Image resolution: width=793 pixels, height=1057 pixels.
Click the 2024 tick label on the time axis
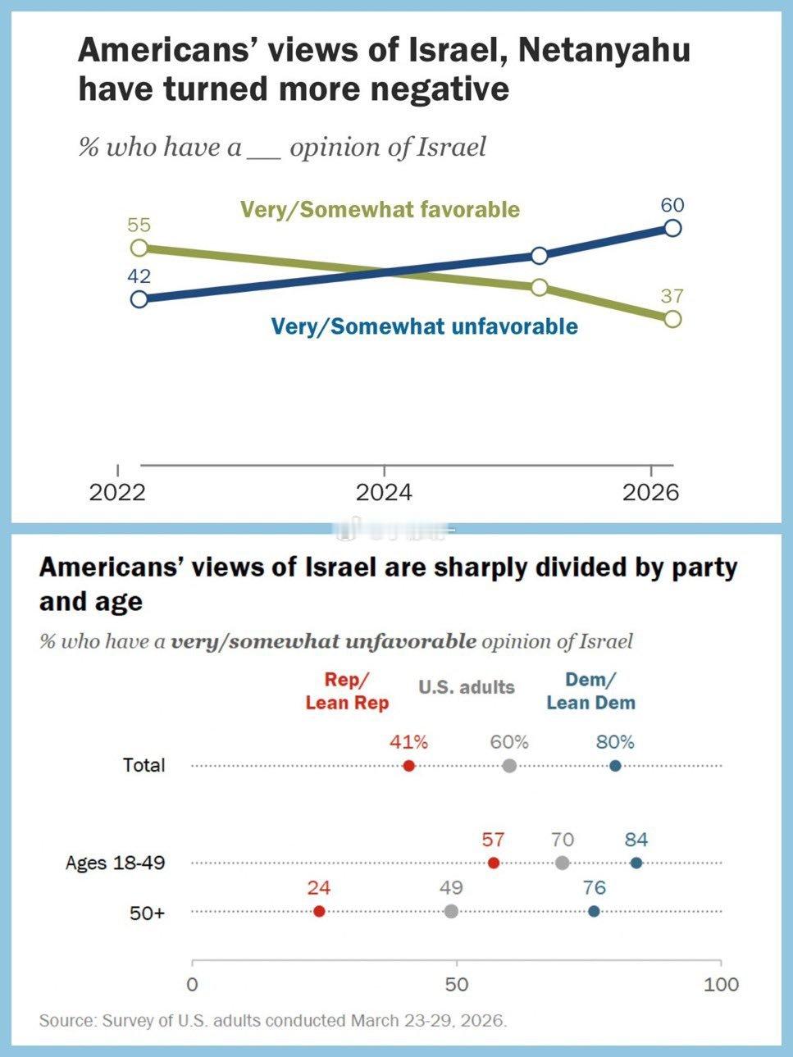[384, 492]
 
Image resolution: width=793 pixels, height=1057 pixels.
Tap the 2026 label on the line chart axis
[650, 492]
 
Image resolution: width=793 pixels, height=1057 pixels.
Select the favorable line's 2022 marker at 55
[139, 247]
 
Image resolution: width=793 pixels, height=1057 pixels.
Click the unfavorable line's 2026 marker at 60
[672, 228]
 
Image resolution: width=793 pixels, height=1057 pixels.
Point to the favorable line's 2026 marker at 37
[672, 318]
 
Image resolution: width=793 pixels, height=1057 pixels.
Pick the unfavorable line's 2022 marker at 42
[139, 298]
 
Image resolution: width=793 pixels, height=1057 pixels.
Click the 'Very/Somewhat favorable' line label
[380, 209]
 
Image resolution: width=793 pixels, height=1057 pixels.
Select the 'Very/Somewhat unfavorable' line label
[424, 326]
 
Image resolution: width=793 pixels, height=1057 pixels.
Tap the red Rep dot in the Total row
[409, 766]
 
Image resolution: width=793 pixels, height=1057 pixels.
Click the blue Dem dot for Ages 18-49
[636, 863]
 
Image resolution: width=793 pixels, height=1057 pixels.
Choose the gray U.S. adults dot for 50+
[451, 911]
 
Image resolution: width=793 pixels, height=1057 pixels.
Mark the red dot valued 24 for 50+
[319, 911]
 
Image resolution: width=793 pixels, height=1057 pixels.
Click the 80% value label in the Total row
[615, 742]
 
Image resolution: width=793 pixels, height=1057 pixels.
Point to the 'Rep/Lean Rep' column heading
[347, 691]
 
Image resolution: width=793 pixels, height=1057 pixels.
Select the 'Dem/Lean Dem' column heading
[590, 691]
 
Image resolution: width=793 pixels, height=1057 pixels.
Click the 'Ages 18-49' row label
[115, 863]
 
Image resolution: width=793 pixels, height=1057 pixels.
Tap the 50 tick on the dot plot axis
[456, 984]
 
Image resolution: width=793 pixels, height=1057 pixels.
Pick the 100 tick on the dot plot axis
[721, 984]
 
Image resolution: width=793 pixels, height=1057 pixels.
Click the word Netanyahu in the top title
[604, 51]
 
